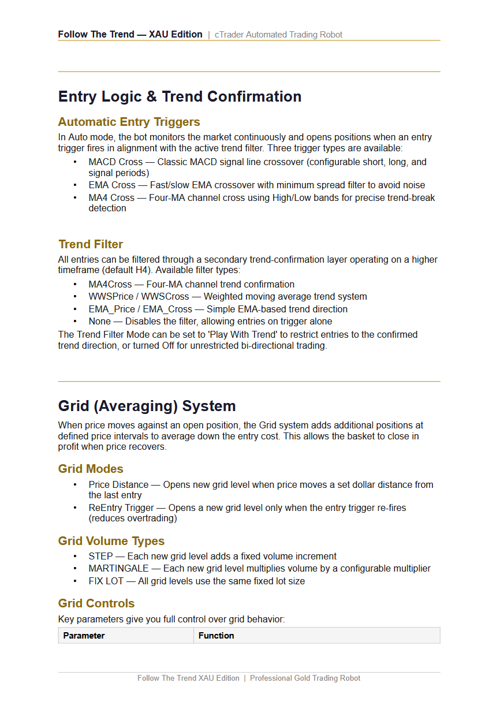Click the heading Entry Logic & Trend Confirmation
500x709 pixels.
180,96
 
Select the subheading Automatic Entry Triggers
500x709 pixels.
129,122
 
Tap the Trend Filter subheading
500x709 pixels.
91,244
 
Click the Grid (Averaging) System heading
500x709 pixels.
147,406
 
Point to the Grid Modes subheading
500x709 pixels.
91,469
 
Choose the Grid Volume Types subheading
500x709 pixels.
111,541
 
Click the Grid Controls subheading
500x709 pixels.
96,603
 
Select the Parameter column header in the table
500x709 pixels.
84,636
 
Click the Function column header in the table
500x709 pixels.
217,636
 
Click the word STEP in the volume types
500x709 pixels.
100,557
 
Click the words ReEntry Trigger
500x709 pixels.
121,508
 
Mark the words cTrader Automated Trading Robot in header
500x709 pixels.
278,35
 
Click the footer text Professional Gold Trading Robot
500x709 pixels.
305,678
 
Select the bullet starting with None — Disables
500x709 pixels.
210,322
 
